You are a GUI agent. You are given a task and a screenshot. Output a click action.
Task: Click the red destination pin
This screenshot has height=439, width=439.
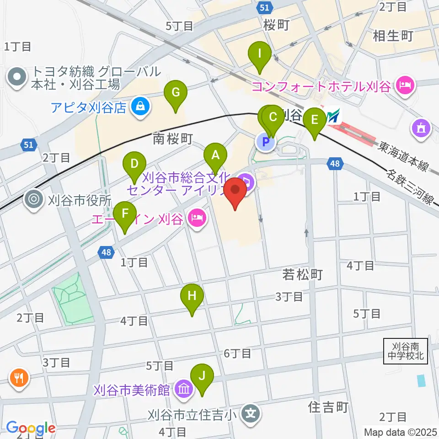[235, 193]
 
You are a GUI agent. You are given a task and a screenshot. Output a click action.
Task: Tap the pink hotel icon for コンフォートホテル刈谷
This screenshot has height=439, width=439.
[405, 85]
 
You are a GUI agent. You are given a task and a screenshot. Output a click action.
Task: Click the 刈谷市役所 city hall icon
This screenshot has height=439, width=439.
[35, 199]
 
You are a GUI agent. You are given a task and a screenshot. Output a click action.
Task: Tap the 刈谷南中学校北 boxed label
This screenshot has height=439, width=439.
[406, 351]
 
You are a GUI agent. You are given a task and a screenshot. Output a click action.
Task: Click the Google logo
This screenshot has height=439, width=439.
[31, 428]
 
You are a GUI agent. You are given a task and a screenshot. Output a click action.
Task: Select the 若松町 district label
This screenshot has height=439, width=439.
[303, 274]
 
